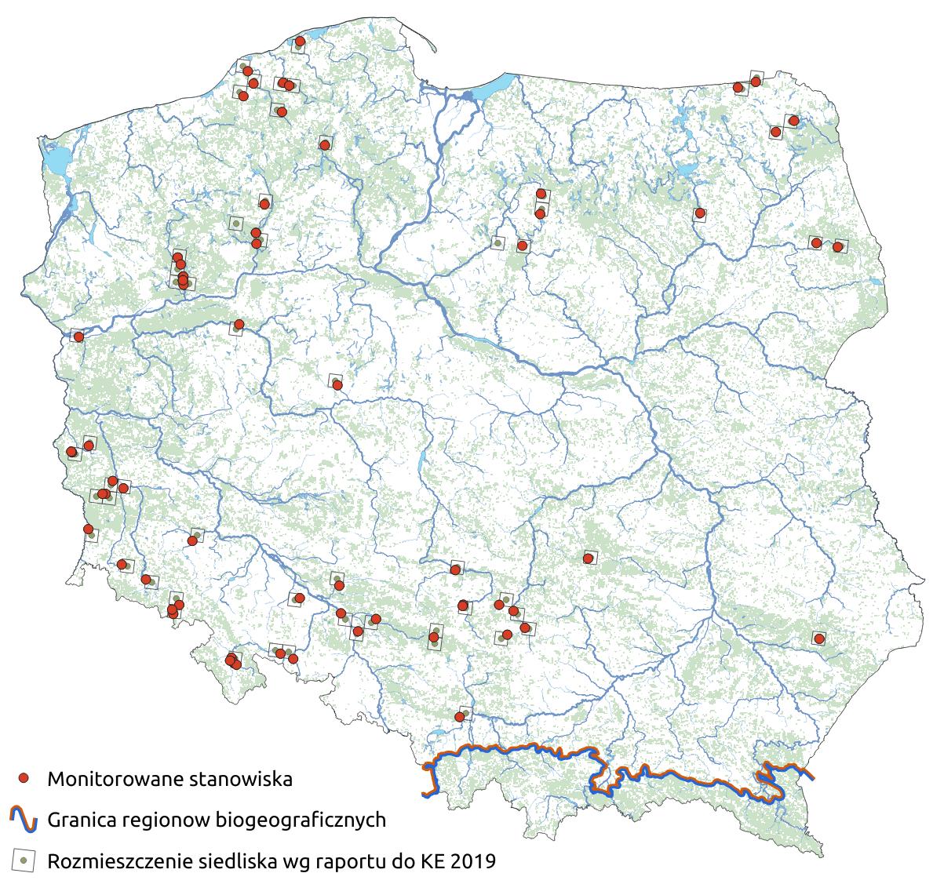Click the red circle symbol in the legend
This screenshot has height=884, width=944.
(x=24, y=778)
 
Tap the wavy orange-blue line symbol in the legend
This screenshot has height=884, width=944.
(x=24, y=820)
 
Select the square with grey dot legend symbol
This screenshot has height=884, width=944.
(x=24, y=860)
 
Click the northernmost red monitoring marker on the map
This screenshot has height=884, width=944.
(x=300, y=41)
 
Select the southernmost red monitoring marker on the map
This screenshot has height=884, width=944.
(x=459, y=717)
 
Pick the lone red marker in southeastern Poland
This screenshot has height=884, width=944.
(x=819, y=638)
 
